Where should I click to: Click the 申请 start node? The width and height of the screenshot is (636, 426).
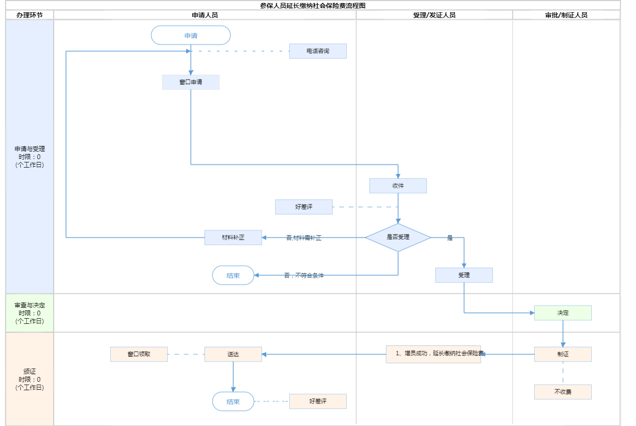pos(191,35)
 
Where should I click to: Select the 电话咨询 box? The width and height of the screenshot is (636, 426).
pos(318,51)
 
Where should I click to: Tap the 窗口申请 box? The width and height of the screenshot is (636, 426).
pos(191,82)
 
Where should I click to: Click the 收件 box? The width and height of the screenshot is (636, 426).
pos(398,185)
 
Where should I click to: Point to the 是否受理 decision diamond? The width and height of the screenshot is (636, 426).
pos(398,237)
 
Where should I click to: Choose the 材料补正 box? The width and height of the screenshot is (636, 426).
pos(233,237)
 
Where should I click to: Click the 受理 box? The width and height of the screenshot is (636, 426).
pos(464,275)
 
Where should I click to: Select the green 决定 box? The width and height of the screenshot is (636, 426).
pos(563,313)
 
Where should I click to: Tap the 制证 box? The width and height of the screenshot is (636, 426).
pos(563,354)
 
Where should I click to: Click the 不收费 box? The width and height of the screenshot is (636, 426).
pos(563,392)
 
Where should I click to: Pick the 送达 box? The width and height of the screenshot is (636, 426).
pos(233,354)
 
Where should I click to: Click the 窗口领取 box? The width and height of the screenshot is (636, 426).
pos(139,354)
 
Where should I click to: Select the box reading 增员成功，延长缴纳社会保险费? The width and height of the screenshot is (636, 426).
pos(433,354)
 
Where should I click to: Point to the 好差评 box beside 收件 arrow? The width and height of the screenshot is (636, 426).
pos(304,207)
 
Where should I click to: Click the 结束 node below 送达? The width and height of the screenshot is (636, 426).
pos(233,402)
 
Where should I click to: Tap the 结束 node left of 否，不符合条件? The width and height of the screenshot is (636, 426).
pos(233,275)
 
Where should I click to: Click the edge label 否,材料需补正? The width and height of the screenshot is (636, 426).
pos(304,238)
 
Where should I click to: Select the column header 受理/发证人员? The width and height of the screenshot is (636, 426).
pos(434,15)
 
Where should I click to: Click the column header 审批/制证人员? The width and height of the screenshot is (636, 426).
pos(566,15)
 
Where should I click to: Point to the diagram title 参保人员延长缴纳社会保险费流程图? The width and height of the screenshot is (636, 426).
pos(313,6)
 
